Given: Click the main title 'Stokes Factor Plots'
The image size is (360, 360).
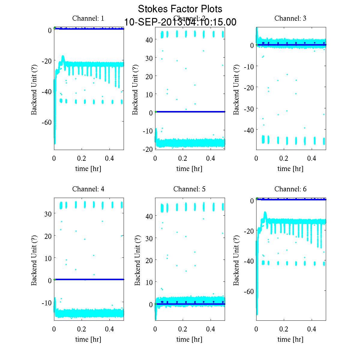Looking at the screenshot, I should [180, 9].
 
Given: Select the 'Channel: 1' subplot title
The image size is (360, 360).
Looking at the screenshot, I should [88, 18].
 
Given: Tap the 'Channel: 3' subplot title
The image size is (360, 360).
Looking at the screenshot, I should [290, 18].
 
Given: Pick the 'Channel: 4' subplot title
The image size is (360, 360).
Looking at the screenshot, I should [88, 189].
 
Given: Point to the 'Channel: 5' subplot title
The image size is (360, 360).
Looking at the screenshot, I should [189, 189].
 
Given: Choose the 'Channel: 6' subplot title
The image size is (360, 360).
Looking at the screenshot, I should [290, 189].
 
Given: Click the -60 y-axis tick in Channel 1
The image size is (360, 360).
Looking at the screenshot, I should [46, 122].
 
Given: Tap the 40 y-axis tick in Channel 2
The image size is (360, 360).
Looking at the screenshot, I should [149, 40].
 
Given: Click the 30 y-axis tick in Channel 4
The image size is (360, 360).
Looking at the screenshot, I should [48, 214].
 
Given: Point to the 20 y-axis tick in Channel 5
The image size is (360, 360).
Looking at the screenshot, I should [149, 260].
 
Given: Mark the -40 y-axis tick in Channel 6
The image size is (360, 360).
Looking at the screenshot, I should [248, 261].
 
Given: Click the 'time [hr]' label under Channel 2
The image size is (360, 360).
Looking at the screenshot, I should [189, 169].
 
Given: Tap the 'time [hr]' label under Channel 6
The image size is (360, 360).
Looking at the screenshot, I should [290, 339].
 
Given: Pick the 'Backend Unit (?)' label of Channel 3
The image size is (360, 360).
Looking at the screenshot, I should [236, 89].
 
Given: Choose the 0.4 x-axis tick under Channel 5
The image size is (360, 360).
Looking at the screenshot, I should [211, 329].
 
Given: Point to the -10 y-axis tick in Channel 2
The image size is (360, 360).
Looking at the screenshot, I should [148, 131].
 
